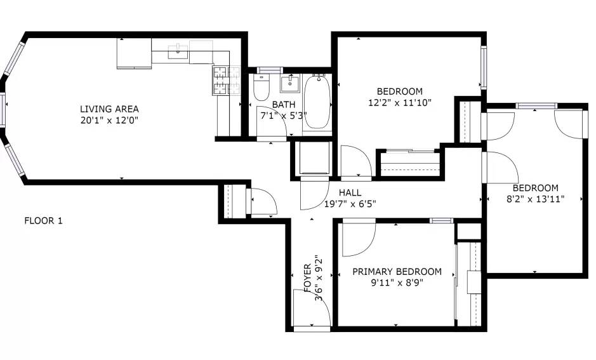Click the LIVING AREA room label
click(109, 109)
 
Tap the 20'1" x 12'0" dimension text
click(109, 121)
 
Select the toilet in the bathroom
click(261, 88)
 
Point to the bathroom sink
click(290, 83)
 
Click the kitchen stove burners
click(227, 80)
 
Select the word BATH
click(284, 104)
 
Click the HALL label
click(350, 192)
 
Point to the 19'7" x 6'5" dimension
click(350, 204)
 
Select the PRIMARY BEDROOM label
click(397, 272)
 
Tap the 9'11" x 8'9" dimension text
click(397, 283)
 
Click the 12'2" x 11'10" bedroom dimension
click(400, 103)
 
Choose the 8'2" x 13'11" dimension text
click(536, 199)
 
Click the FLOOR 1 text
click(43, 220)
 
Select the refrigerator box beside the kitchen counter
click(134, 53)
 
